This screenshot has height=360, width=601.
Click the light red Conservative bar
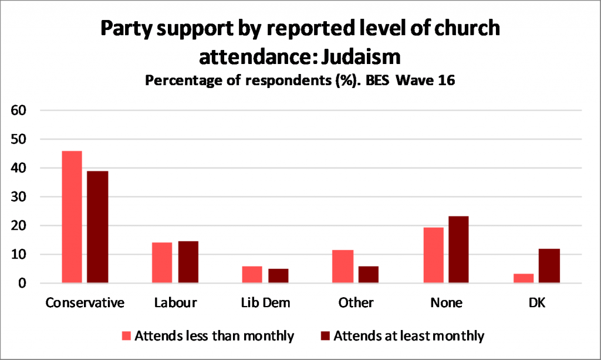[x=72, y=217]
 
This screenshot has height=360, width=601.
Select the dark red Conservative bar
[x=97, y=227]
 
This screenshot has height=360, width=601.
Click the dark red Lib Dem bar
[x=278, y=276]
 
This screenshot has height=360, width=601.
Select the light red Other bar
[x=343, y=267]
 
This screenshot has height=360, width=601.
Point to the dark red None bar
[x=458, y=250]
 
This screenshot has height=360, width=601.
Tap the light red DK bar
[x=523, y=278]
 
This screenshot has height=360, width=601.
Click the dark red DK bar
[x=549, y=266]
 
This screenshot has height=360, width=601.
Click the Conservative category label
[x=85, y=304]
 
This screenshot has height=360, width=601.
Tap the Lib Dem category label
[x=265, y=304]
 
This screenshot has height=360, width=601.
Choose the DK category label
[x=536, y=304]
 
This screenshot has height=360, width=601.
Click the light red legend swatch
[x=126, y=336]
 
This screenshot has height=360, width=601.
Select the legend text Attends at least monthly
[x=408, y=336]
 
